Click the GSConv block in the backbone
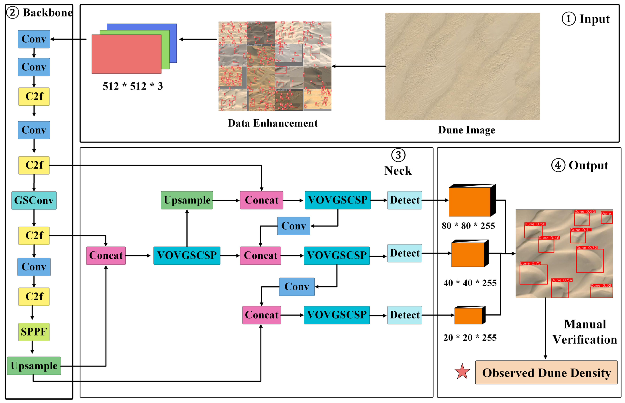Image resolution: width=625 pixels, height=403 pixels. click(34, 200)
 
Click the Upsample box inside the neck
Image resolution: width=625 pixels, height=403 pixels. click(187, 200)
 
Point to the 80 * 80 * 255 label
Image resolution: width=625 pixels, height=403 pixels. click(468, 226)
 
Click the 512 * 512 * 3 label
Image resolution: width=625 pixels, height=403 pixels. click(133, 86)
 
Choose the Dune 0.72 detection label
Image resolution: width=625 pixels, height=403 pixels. click(586, 248)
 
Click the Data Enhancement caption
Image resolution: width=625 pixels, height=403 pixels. click(272, 123)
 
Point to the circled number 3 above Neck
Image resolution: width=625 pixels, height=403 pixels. click(398, 155)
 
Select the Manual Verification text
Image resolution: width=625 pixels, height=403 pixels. click(585, 332)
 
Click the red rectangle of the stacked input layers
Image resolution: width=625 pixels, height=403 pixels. click(126, 54)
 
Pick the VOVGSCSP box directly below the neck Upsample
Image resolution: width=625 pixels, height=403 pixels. click(187, 255)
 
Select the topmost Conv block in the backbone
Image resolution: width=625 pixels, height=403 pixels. click(34, 39)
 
